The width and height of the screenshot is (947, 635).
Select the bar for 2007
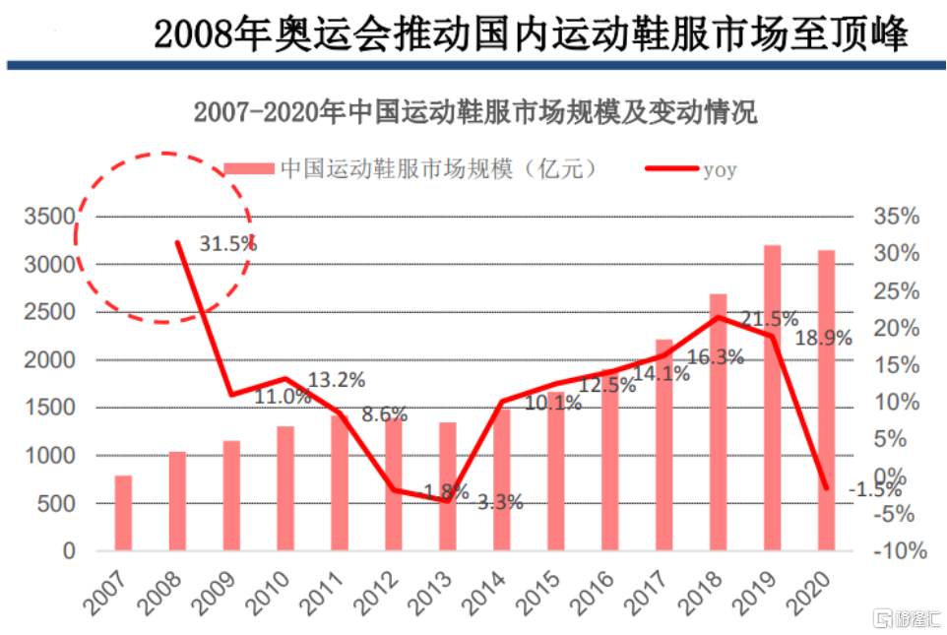pos(123,513)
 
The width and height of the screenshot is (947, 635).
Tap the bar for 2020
pos(826,400)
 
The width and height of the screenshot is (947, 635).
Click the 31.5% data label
pos(227,242)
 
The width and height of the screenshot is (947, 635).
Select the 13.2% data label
pos(337,379)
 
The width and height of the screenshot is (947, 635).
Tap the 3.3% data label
pos(500,502)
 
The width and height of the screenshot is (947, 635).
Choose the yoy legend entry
pos(689,168)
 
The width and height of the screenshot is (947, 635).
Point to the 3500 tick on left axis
pos(50,217)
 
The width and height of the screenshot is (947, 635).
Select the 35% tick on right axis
pos(896,217)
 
